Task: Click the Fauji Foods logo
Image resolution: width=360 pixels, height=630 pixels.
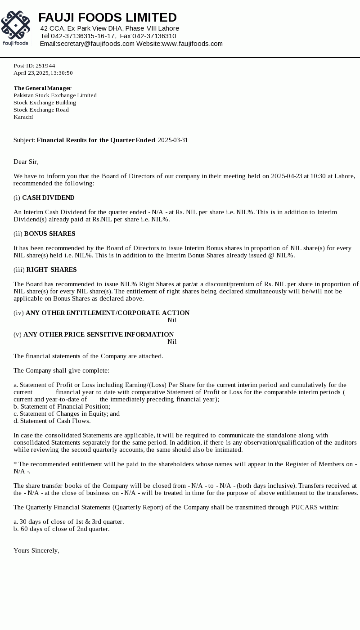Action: (x=15, y=28)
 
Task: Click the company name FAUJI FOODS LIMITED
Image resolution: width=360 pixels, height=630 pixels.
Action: (x=108, y=18)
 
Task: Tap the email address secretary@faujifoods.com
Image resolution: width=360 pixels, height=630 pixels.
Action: (x=95, y=44)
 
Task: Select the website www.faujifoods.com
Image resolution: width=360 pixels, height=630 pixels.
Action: (x=192, y=44)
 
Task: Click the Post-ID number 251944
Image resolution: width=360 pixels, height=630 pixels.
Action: (x=45, y=66)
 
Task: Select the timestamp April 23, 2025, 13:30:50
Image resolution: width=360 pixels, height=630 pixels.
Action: (x=43, y=73)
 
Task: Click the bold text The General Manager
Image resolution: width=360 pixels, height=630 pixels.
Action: (x=42, y=88)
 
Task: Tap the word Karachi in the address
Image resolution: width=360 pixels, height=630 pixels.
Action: (x=23, y=117)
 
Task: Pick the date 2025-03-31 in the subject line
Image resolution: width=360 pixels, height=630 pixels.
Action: (x=173, y=140)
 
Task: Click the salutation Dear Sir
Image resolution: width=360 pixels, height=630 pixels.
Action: (x=26, y=162)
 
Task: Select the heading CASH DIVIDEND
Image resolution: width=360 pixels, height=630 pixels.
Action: (x=48, y=198)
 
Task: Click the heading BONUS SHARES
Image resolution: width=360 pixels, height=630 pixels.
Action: (x=49, y=234)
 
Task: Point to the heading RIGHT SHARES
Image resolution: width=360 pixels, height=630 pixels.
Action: (x=51, y=270)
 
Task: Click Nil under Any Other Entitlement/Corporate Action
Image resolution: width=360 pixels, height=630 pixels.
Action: (x=172, y=320)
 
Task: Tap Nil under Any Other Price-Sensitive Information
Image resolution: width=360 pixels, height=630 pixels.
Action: (x=172, y=342)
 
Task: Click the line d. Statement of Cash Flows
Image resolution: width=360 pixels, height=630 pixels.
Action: (x=52, y=421)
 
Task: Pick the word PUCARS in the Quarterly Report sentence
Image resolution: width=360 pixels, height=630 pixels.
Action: (x=305, y=507)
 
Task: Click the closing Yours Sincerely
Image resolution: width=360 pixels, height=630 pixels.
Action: (x=36, y=550)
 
